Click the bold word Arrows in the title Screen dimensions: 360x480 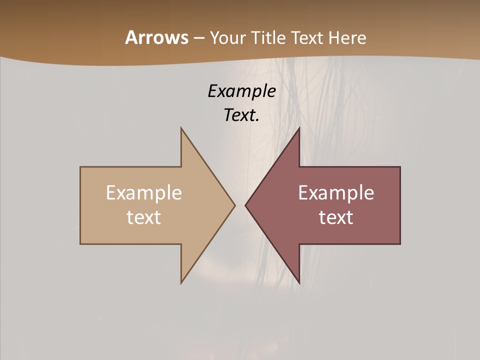tap(156, 37)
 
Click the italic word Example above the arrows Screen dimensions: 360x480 tap(241, 91)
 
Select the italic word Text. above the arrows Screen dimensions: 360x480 tap(241, 115)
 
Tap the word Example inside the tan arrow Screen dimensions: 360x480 tap(144, 193)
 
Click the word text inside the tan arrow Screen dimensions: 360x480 tap(144, 217)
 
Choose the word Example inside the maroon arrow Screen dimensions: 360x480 tap(336, 193)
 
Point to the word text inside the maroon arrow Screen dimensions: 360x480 tap(336, 217)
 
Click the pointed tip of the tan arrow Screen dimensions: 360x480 tap(235, 205)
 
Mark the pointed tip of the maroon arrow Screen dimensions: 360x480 tap(245, 205)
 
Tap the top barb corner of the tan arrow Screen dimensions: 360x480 tap(181, 128)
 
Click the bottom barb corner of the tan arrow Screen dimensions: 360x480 tap(181, 283)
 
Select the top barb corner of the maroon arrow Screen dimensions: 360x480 tap(299, 128)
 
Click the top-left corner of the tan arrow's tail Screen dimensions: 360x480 tap(80, 167)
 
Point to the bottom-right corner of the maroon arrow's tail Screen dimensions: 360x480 tap(400, 244)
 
